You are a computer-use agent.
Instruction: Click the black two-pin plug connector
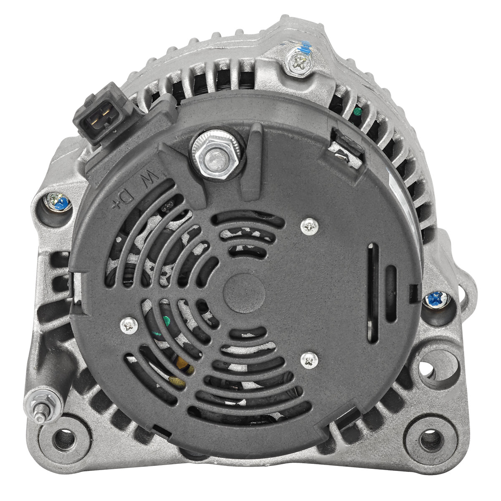tap(103, 115)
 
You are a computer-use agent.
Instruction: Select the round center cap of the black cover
tap(244, 293)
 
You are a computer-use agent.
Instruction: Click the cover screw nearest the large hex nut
tap(309, 226)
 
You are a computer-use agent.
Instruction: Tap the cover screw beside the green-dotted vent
tap(129, 326)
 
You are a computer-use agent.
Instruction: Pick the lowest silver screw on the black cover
tap(309, 360)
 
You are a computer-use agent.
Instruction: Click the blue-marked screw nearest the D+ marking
tap(58, 202)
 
